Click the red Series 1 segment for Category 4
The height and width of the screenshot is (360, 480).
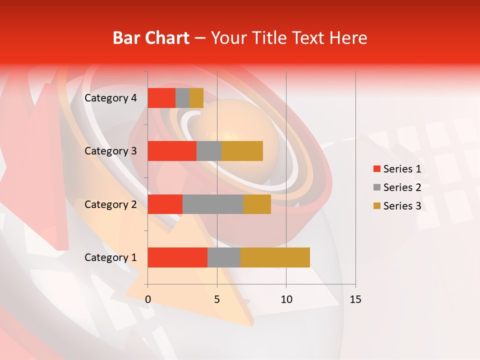point(161,98)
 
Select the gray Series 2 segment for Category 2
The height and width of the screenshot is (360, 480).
point(213,204)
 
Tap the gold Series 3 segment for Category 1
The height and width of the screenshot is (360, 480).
point(275,257)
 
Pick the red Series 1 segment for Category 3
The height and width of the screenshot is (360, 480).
point(172,151)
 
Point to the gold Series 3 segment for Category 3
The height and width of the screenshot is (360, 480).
point(242,151)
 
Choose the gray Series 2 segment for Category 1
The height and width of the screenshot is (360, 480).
point(224,257)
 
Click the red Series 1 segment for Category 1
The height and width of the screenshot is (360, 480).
point(177,257)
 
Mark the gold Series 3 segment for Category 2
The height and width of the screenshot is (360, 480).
point(257,204)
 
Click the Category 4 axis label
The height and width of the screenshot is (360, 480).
point(110,98)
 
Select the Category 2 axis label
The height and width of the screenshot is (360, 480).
point(110,204)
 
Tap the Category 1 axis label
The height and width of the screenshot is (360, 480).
point(110,257)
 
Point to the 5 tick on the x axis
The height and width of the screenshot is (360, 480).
point(217,299)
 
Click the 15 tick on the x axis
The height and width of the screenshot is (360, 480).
point(355,299)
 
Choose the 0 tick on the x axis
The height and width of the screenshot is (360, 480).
point(147,299)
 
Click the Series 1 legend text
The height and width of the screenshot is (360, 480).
point(402,169)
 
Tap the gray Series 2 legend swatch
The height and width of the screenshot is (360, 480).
point(376,187)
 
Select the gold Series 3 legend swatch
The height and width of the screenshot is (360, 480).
point(376,206)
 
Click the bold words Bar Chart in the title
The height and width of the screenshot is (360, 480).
point(151,37)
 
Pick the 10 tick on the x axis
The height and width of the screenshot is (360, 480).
point(286,299)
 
